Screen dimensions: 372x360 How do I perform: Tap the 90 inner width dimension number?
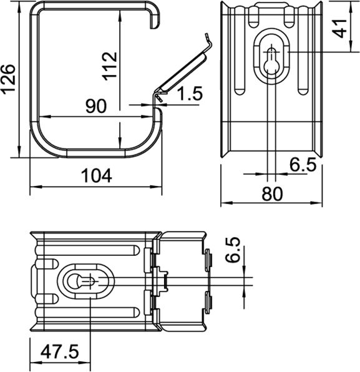point(95,107)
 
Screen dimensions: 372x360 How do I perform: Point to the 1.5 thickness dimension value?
point(189,95)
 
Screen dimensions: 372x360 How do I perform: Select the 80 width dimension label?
point(272,194)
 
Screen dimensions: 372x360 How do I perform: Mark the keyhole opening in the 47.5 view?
point(86,281)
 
